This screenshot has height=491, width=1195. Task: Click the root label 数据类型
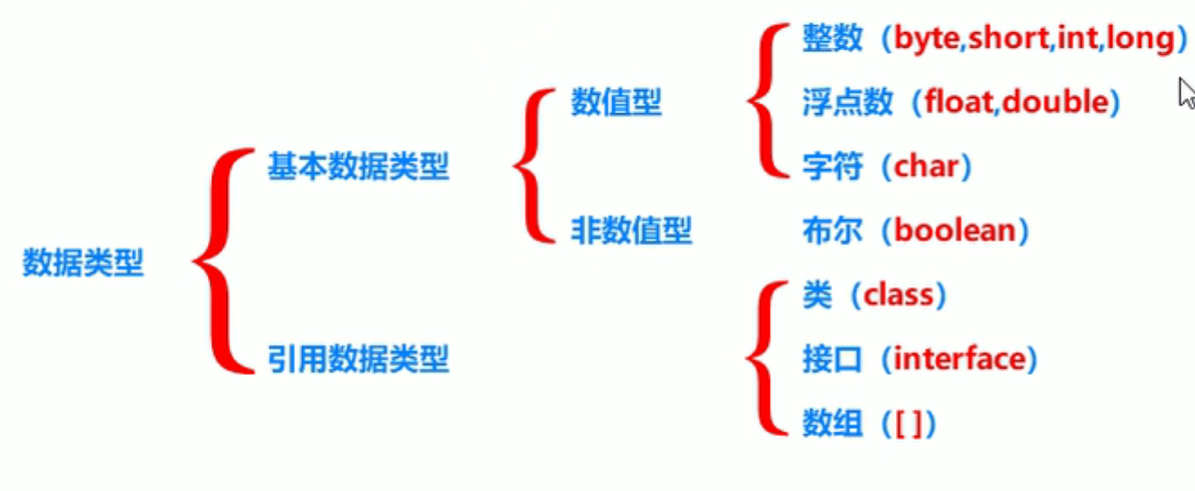click(x=83, y=263)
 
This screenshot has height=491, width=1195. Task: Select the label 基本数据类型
click(x=358, y=166)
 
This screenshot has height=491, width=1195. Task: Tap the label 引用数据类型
click(x=358, y=361)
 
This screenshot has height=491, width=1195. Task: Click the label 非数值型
click(x=631, y=231)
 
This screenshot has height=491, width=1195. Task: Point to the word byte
click(x=925, y=40)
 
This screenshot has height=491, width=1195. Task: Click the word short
click(x=1007, y=40)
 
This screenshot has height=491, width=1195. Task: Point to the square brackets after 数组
click(x=909, y=424)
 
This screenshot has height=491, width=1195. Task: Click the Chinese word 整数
click(x=831, y=40)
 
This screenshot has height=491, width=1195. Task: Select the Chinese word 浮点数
click(x=847, y=103)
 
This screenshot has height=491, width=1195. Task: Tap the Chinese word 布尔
click(x=831, y=231)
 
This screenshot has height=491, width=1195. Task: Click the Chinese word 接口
click(x=831, y=361)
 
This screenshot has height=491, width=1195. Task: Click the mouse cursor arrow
click(x=1186, y=94)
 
